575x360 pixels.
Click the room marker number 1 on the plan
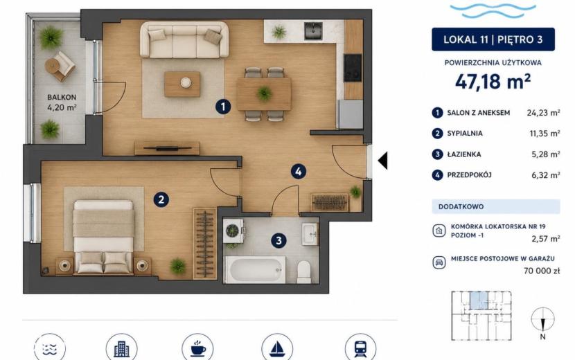click(223, 107)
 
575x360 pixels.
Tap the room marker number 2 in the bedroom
click(161, 200)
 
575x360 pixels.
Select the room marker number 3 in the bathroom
click(278, 240)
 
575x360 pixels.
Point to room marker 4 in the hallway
click(299, 171)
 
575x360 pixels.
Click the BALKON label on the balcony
click(62, 97)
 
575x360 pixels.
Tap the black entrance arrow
click(382, 161)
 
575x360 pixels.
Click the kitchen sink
click(313, 30)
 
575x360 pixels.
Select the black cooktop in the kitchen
click(353, 68)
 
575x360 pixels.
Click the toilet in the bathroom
click(304, 271)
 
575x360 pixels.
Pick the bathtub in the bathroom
click(255, 270)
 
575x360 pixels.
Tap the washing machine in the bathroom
click(233, 231)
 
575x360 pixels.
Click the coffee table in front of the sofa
click(182, 84)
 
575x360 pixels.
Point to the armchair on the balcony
click(60, 66)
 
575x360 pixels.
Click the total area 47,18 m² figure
click(493, 82)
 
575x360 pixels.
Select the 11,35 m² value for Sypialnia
click(545, 134)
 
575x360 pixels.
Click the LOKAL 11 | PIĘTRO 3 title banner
click(493, 39)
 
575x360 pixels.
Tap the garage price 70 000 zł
click(542, 271)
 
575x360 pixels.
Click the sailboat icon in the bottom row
click(277, 348)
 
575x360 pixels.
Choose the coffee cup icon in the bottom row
click(197, 348)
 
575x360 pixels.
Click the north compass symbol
click(542, 319)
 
